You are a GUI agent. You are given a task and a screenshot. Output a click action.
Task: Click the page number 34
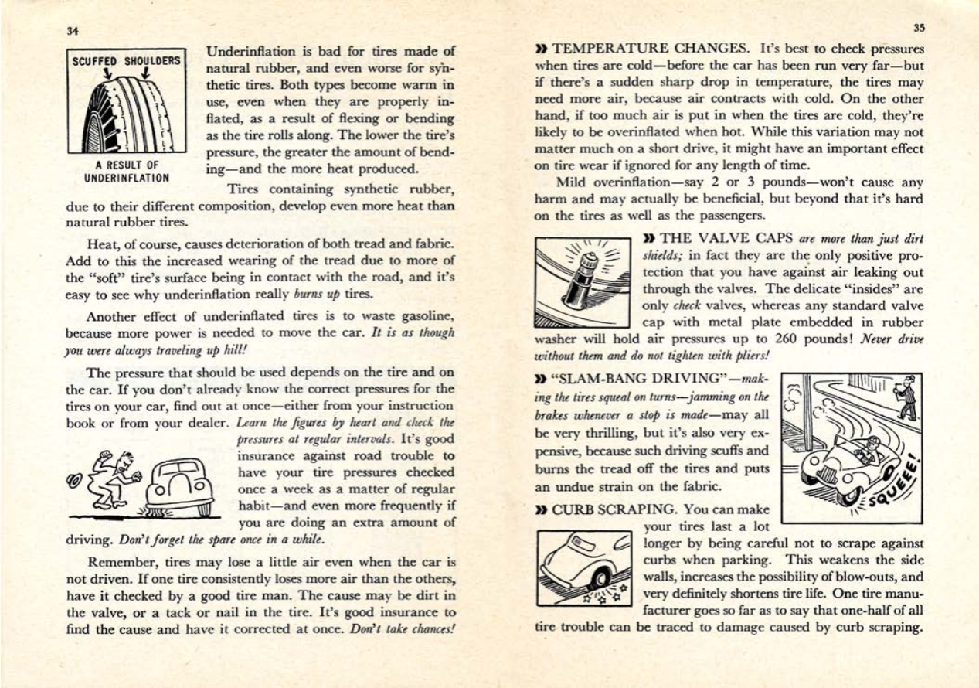(73, 32)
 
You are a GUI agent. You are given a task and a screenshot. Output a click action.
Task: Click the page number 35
(918, 28)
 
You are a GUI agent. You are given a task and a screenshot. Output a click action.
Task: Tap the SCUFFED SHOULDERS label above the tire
(126, 61)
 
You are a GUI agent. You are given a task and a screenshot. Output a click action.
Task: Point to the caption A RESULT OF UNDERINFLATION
(127, 171)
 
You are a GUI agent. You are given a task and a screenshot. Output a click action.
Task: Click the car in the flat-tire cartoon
(180, 485)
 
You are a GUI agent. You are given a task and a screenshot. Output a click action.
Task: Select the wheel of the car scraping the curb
(598, 581)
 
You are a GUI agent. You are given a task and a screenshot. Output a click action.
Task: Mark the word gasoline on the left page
(422, 316)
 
